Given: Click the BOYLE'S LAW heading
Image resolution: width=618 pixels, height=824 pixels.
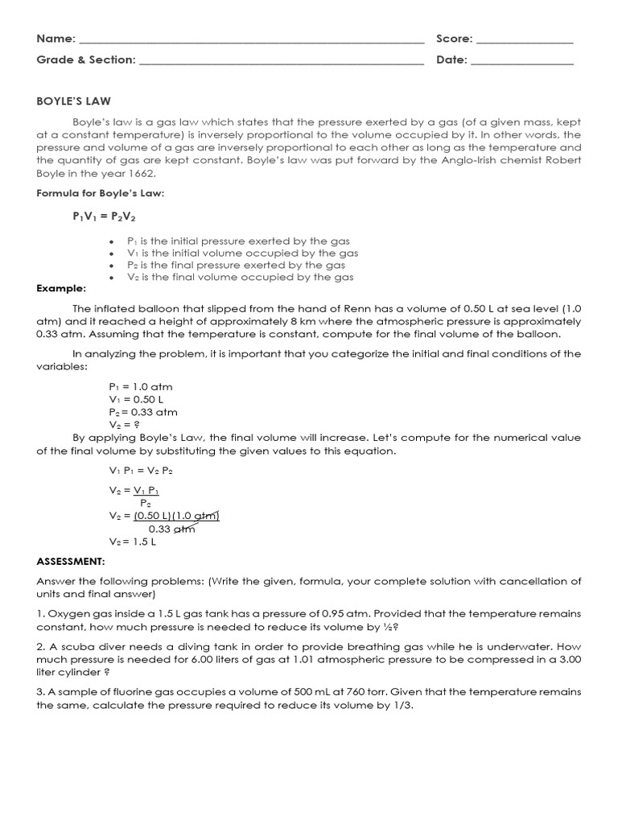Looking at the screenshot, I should tap(73, 101).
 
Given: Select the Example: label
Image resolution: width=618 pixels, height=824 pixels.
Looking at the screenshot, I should tap(61, 289).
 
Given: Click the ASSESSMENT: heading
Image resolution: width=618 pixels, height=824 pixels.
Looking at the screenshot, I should tap(71, 562).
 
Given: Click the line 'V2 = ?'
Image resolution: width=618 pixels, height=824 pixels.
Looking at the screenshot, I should tap(125, 424).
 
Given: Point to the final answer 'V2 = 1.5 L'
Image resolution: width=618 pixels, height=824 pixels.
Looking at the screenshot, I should tap(132, 542).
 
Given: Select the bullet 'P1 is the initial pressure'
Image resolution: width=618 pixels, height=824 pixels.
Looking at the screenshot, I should tap(237, 241).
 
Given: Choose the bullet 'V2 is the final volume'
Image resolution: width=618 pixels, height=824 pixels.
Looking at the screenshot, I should tap(240, 277).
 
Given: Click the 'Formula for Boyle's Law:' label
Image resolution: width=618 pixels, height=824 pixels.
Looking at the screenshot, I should tap(101, 193).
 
